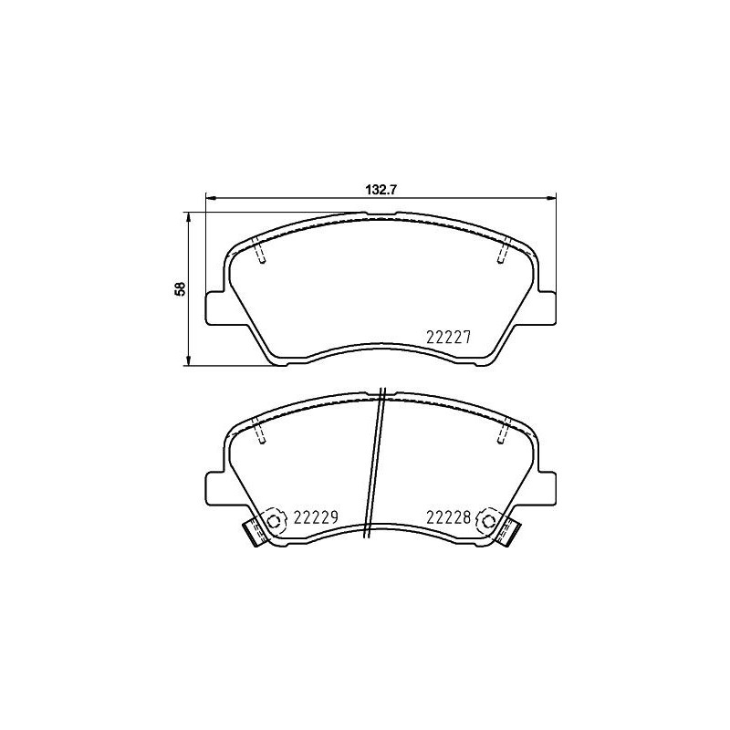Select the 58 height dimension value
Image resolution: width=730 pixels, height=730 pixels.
pyautogui.click(x=181, y=288)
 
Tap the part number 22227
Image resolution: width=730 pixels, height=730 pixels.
pyautogui.click(x=448, y=336)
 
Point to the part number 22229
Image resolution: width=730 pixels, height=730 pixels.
pyautogui.click(x=316, y=517)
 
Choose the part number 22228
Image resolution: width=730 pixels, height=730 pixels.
pyautogui.click(x=448, y=517)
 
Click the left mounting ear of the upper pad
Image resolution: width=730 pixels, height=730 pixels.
pyautogui.click(x=215, y=306)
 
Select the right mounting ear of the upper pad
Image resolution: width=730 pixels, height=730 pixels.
pyautogui.click(x=546, y=306)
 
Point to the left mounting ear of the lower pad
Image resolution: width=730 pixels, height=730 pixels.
pyautogui.click(x=215, y=485)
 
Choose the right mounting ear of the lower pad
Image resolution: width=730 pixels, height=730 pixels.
pyautogui.click(x=546, y=485)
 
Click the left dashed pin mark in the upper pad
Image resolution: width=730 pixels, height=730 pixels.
pyautogui.click(x=260, y=251)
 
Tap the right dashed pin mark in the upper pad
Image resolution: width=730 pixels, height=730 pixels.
pyautogui.click(x=503, y=251)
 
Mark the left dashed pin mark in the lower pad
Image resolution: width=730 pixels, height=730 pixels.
pyautogui.click(x=260, y=432)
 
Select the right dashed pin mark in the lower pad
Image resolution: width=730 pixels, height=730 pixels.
pyautogui.click(x=503, y=432)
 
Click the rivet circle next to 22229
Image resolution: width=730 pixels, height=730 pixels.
pyautogui.click(x=274, y=522)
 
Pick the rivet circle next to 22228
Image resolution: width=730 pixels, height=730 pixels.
pyautogui.click(x=487, y=522)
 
